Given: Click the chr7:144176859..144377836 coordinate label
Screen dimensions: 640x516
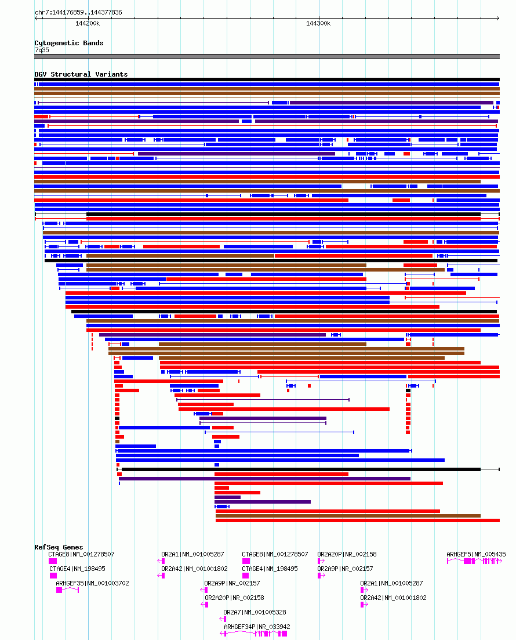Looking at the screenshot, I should [78, 12].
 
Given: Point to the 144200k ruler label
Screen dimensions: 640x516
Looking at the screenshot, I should [88, 23].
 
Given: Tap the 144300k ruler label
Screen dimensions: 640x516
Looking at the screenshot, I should [318, 23].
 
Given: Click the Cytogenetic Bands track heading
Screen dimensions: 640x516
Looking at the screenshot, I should [68, 43].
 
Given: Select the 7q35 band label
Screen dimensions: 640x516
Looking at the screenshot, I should [42, 50].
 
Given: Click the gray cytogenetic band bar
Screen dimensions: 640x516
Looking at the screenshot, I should [267, 56].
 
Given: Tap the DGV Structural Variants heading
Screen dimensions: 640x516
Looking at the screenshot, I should [81, 74].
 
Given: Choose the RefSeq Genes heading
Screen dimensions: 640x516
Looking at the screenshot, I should [59, 547].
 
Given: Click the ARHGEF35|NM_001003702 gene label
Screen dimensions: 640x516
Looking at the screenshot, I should [92, 583].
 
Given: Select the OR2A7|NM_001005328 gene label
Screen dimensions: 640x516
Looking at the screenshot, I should [255, 612].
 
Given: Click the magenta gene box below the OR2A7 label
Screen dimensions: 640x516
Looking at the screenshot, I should [223, 619].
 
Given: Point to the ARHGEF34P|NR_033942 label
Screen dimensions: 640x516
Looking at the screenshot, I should [257, 627].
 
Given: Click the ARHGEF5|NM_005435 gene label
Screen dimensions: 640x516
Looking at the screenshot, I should [476, 554].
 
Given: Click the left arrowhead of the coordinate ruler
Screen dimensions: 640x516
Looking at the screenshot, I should [36, 19].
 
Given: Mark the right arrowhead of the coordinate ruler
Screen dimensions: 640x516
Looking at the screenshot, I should [498, 19].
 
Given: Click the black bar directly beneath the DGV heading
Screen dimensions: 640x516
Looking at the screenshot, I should [267, 79].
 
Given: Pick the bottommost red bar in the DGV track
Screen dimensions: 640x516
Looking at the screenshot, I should [357, 520].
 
